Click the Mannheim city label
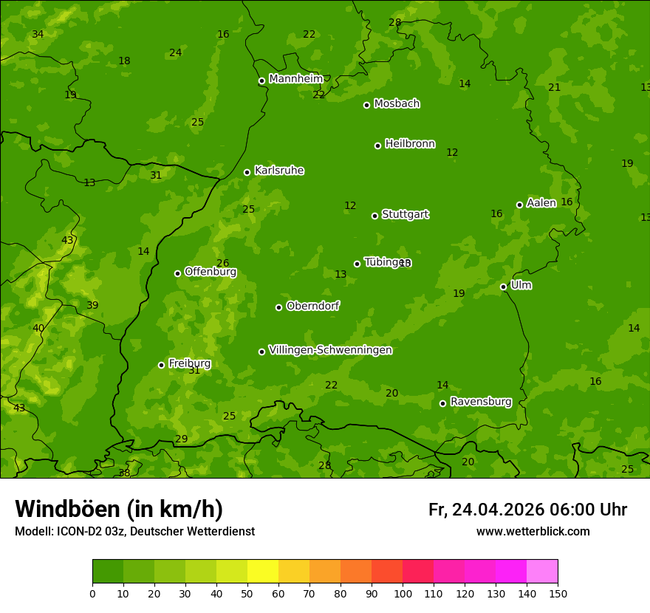[x=295, y=79]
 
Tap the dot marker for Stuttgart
[x=374, y=216]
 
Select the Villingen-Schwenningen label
[x=330, y=350]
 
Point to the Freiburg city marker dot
[x=161, y=365]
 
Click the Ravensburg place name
[x=480, y=402]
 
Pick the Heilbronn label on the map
[x=410, y=144]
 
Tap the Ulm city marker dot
[x=503, y=287]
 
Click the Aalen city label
[x=541, y=203]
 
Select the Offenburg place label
[x=211, y=272]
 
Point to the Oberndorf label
[x=312, y=306]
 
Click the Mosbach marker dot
[x=366, y=105]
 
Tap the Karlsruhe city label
[x=278, y=171]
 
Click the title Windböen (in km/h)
[x=119, y=509]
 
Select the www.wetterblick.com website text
[x=533, y=531]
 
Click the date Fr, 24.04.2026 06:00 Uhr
[x=527, y=510]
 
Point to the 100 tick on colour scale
[x=403, y=593]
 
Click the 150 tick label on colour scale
[x=558, y=593]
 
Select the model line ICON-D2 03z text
[x=134, y=531]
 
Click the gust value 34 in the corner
[x=38, y=35]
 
